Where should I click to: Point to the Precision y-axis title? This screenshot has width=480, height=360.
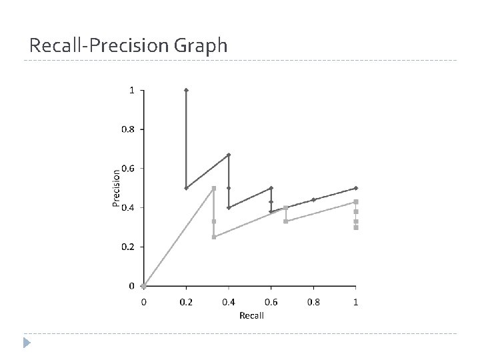click(x=117, y=188)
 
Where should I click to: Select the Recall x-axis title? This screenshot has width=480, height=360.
click(x=251, y=315)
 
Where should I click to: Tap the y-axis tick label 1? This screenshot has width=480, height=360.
click(x=131, y=90)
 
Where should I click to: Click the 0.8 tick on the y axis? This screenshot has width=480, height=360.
click(x=127, y=129)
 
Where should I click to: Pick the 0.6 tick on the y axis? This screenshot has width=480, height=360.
click(x=127, y=169)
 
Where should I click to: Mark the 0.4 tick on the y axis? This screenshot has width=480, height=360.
click(x=127, y=207)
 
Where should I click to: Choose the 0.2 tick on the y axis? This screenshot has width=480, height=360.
click(x=127, y=247)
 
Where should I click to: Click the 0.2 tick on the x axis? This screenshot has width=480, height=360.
click(x=186, y=302)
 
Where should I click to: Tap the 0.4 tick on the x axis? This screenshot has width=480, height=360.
click(x=229, y=302)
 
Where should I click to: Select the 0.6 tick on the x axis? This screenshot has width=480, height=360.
click(x=271, y=302)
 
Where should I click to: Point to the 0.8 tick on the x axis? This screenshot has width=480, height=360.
click(x=313, y=302)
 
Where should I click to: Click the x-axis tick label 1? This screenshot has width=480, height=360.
click(x=356, y=302)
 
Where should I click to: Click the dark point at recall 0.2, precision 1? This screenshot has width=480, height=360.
click(x=186, y=90)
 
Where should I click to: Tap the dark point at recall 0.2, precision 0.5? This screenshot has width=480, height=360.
click(x=186, y=188)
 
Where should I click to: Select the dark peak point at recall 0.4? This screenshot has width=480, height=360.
click(x=229, y=155)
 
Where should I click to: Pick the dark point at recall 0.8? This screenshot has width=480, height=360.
click(x=313, y=199)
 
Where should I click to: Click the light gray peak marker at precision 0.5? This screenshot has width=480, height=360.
click(x=214, y=188)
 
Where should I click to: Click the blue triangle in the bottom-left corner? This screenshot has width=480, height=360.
click(x=26, y=343)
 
